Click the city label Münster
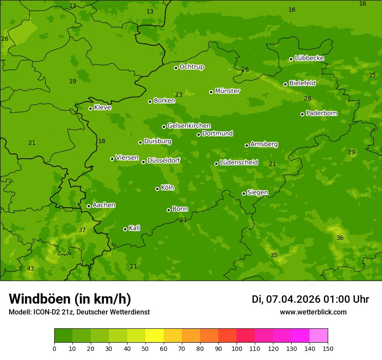point(227,91)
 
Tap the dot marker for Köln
point(157,189)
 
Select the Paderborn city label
point(321,113)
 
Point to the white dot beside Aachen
point(89,206)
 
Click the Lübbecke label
point(309,58)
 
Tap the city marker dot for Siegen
point(244,193)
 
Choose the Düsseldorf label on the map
point(164,160)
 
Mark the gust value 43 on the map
point(30,269)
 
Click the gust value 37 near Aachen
point(82,230)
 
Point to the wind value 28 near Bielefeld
point(307,99)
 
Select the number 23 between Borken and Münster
point(179,95)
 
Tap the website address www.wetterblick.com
point(313,312)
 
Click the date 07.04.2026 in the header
point(293,299)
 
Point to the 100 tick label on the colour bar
point(237,348)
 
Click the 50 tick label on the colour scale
point(145,348)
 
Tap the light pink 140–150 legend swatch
point(319,336)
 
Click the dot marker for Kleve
point(90,108)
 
